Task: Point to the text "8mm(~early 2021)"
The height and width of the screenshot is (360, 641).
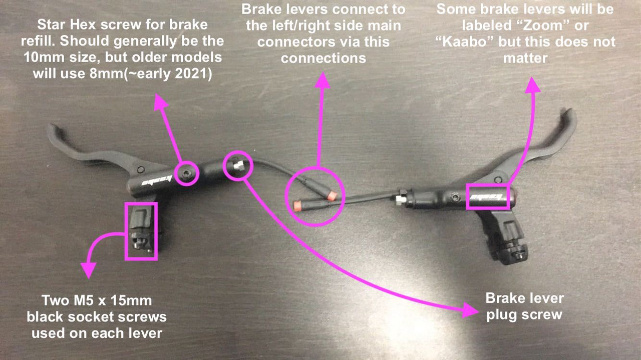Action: pos(151,74)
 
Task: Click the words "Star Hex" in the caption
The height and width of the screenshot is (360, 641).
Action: pos(66,25)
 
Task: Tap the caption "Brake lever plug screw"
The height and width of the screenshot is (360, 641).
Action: pos(524,306)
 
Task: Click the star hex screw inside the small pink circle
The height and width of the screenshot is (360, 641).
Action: pos(187,173)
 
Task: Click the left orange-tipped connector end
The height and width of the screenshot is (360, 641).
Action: pos(297,205)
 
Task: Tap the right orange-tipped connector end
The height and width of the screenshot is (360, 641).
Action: pos(332,195)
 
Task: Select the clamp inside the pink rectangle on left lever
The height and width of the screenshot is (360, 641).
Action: pos(141,231)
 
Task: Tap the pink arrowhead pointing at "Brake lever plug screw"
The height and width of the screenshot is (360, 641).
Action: pos(470,310)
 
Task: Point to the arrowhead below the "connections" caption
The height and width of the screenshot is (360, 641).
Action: pos(323,80)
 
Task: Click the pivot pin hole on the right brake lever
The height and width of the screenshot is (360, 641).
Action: pos(498,180)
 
